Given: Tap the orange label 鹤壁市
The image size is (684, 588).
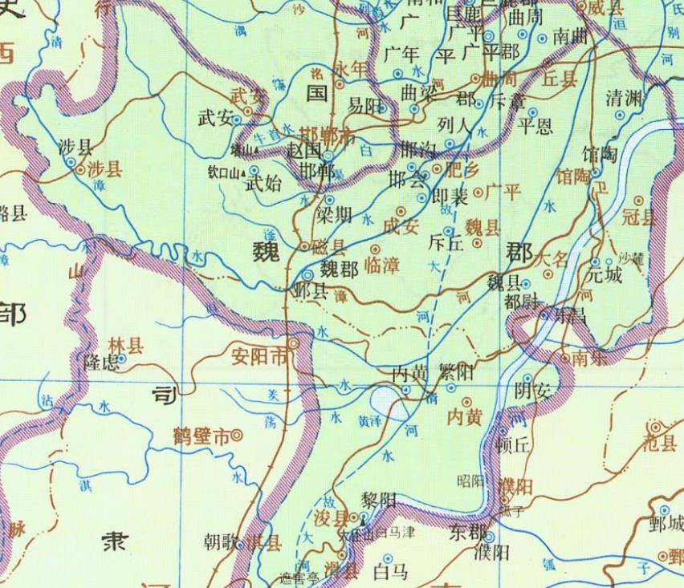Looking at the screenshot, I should click(x=201, y=436).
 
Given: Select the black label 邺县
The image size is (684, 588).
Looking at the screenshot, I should click(x=311, y=290).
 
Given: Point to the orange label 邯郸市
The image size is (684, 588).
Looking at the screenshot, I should click(x=328, y=134).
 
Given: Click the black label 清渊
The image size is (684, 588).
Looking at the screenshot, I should click(x=625, y=99).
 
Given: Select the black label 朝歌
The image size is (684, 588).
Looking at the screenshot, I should click(x=221, y=542).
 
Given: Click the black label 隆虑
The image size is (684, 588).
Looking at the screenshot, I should click(x=101, y=363).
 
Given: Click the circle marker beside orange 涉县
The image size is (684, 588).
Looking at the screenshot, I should click(x=71, y=162).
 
